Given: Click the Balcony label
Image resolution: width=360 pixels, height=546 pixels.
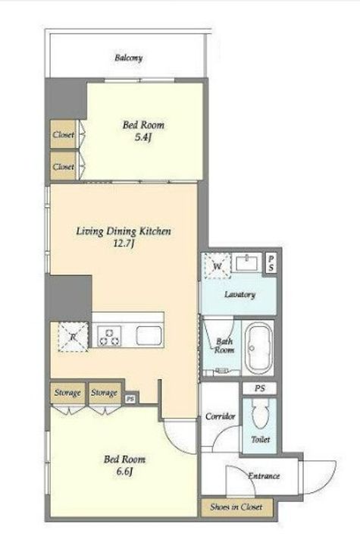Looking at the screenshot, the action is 129,58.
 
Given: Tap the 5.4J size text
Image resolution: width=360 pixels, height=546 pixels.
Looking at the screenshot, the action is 142,137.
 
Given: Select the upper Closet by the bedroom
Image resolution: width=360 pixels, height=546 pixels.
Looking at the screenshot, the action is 63,134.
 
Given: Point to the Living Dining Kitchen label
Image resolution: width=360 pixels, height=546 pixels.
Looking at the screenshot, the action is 124,231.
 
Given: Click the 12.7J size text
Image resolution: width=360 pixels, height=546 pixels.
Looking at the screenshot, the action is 124,243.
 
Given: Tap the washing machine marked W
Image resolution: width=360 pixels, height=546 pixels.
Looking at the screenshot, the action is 218,266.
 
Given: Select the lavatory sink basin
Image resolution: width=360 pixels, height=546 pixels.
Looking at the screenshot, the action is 246,262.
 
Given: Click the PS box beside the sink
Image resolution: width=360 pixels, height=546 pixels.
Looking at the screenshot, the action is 271,263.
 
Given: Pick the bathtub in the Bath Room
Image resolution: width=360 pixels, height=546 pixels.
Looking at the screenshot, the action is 258,348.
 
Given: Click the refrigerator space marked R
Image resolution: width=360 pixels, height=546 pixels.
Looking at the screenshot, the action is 73,337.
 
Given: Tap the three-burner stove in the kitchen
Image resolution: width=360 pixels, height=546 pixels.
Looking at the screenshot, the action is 109,336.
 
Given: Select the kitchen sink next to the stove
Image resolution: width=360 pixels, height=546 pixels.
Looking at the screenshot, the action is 149,336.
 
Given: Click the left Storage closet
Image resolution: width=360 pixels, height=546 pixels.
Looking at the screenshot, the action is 67,393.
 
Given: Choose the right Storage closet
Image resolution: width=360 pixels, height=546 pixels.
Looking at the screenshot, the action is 105,393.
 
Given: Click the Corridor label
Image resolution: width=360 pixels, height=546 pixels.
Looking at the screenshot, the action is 221,416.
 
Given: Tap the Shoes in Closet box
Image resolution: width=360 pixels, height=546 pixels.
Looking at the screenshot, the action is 236,507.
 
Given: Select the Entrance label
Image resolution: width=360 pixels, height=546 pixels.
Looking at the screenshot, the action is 264,475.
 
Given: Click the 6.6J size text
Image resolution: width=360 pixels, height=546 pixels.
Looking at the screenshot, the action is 124,472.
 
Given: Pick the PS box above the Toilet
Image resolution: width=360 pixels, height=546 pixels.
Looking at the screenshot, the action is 260,388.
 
